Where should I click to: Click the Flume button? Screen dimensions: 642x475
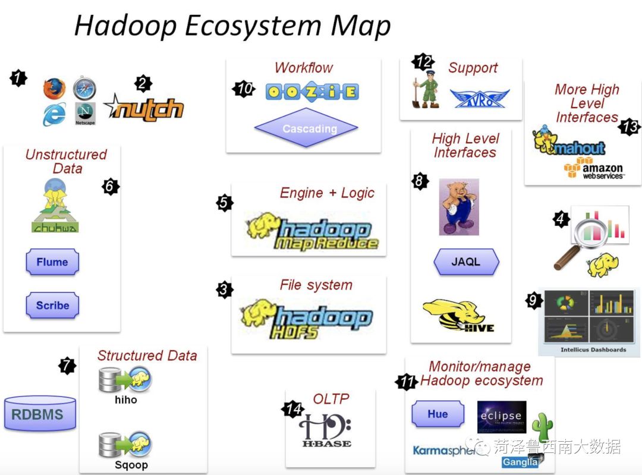click(x=52, y=262)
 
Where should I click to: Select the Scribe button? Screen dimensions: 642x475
click(x=52, y=306)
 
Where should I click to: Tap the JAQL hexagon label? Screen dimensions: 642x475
click(x=466, y=262)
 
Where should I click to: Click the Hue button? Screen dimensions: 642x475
click(x=438, y=414)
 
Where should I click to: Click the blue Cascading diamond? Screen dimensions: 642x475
click(x=306, y=128)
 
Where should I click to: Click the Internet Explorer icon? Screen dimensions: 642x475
click(x=54, y=114)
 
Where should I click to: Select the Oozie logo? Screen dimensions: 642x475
click(x=312, y=92)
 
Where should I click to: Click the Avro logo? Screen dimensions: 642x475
click(x=479, y=98)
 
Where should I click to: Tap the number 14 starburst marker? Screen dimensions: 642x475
click(x=293, y=409)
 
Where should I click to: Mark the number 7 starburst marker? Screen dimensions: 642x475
click(x=67, y=366)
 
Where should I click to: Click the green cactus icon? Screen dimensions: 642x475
click(x=542, y=427)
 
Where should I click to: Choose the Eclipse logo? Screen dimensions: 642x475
click(x=501, y=417)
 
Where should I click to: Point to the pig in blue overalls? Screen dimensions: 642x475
click(x=459, y=207)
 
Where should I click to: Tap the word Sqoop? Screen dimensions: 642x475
click(x=131, y=465)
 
